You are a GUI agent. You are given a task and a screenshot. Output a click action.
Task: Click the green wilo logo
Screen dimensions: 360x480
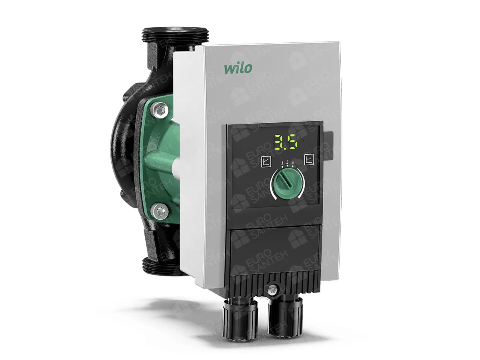[x=238, y=67]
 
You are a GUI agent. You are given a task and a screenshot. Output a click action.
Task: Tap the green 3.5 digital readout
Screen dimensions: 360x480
[x=286, y=142]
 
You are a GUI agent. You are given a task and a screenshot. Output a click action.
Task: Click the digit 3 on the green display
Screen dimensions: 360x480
[x=279, y=142]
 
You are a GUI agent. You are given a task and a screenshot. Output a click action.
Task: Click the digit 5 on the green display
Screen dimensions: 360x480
[x=292, y=142]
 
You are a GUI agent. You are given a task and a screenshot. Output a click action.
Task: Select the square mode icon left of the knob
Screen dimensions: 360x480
[x=266, y=161]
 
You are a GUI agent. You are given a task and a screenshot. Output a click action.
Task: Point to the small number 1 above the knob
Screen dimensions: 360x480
[x=282, y=162]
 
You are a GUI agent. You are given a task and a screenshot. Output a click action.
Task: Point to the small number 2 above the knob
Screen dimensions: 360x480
[x=287, y=162]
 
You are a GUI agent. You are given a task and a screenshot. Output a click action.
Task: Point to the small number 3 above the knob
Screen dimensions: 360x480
[x=292, y=162]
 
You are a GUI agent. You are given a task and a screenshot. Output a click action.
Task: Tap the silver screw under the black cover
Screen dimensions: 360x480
[x=274, y=288]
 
